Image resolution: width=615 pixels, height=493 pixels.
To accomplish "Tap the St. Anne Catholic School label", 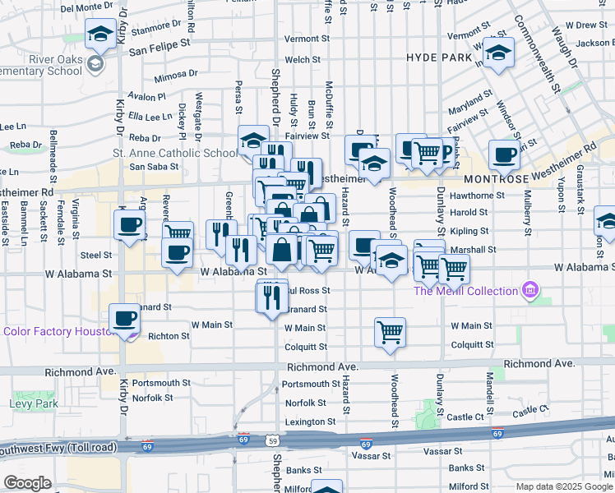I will click(174, 153).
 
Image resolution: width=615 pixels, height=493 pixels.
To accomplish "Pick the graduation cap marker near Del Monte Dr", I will click(100, 35).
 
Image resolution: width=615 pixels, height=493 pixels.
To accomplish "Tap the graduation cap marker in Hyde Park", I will click(497, 53).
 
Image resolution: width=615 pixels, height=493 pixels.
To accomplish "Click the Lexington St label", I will click(310, 422).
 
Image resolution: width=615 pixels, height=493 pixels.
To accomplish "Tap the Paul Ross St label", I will click(309, 290).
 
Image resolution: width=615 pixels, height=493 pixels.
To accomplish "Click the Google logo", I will click(28, 483).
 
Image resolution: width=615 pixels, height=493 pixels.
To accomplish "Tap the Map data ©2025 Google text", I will click(563, 486).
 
